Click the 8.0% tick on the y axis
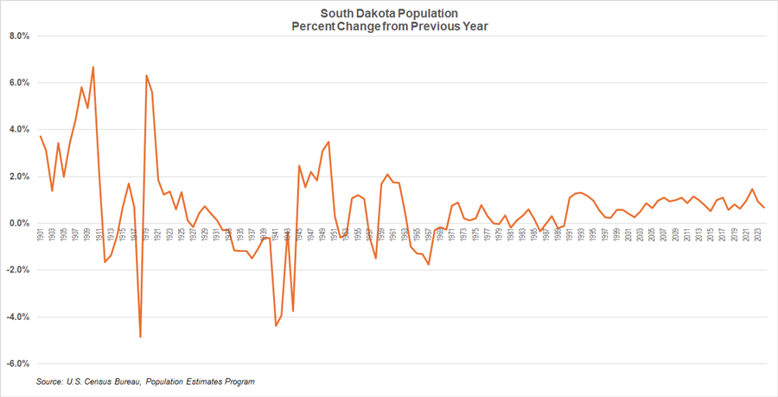click(x=19, y=36)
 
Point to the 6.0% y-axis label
click(x=19, y=83)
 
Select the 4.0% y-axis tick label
click(x=19, y=130)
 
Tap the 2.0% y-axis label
click(x=19, y=176)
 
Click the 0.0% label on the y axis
click(x=19, y=223)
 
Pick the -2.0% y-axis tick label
click(x=18, y=270)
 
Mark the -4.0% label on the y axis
click(x=18, y=317)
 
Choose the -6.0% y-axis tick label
click(x=18, y=363)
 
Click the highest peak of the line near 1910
click(x=92, y=67)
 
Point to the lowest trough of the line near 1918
click(x=140, y=336)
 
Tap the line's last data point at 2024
click(x=763, y=208)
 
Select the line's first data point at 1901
click(x=41, y=137)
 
